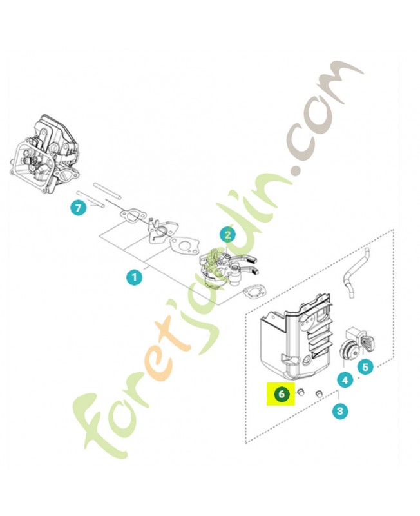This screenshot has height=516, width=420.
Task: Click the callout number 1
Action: click(x=134, y=278)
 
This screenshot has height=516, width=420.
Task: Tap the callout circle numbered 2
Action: click(x=227, y=236)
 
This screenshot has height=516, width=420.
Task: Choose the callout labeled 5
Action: click(x=365, y=367)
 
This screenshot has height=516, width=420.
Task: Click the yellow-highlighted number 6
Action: click(x=281, y=393)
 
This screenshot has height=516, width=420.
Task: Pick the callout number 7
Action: click(x=78, y=208)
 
